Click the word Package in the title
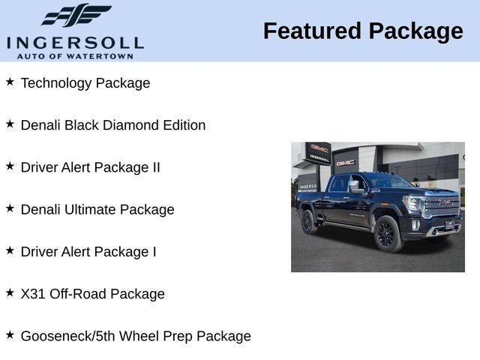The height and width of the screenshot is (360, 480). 415,32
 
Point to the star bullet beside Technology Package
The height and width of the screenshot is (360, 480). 10,81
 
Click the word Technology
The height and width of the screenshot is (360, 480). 55,83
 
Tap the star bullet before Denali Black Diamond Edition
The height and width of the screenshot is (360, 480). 10,123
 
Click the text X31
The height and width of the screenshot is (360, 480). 33,294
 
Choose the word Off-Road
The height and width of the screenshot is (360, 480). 78,294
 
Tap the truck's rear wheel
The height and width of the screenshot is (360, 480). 308,222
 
